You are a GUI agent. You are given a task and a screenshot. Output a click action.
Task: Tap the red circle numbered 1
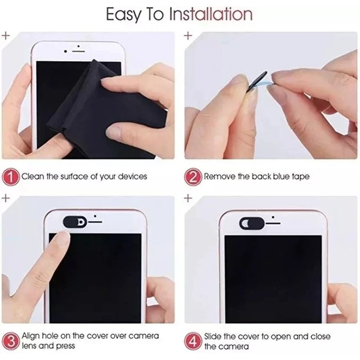pos(12,176)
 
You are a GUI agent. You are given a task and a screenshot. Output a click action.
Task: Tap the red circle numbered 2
pos(194,176)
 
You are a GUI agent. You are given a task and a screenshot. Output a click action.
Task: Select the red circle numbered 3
pos(12,341)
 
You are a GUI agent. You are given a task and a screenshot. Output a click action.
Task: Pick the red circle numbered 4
pos(194,341)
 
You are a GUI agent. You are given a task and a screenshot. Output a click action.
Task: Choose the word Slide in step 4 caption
pos(213,336)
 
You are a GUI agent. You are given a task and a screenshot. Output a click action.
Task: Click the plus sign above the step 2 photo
pos(189,35)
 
